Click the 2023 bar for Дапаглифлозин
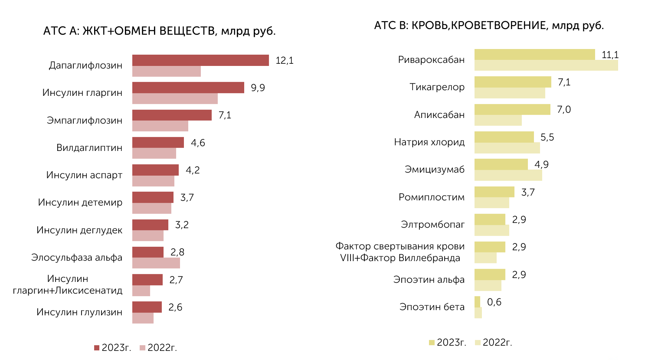pyautogui.click(x=200, y=60)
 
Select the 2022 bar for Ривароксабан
pyautogui.click(x=546, y=65)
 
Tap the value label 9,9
pyautogui.click(x=258, y=88)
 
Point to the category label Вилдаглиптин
pyautogui.click(x=89, y=147)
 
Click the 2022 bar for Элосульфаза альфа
pyautogui.click(x=156, y=263)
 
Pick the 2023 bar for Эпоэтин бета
pyautogui.click(x=478, y=302)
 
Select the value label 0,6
pyautogui.click(x=494, y=302)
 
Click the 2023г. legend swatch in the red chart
pyautogui.click(x=97, y=348)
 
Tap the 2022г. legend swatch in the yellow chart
pyautogui.click(x=478, y=343)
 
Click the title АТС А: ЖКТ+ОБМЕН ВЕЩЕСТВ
pyautogui.click(x=130, y=31)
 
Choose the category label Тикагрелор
pyautogui.click(x=437, y=87)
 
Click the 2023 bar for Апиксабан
pyautogui.click(x=512, y=110)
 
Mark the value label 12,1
pyautogui.click(x=285, y=60)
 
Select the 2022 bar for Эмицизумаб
pyautogui.click(x=508, y=175)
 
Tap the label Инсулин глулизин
pyautogui.click(x=79, y=312)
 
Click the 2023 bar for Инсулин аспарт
pyautogui.click(x=155, y=170)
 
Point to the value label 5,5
pyautogui.click(x=547, y=137)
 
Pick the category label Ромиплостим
pyautogui.click(x=432, y=197)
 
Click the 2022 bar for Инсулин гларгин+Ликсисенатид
pyautogui.click(x=141, y=291)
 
